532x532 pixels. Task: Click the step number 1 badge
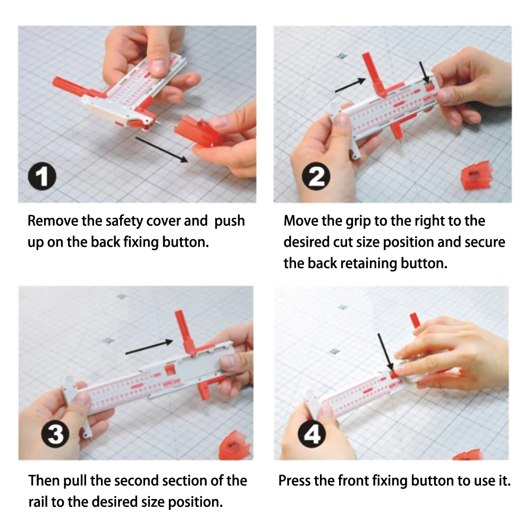point(42,176)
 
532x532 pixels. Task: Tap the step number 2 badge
point(316,176)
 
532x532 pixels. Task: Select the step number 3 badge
point(55,434)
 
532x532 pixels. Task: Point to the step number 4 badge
point(312,434)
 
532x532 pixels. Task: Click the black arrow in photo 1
point(162,150)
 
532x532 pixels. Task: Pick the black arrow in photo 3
point(149,347)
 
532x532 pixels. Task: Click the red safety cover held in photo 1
point(198,131)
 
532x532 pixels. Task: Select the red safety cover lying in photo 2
point(476,176)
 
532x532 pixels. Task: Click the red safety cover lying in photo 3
point(234,445)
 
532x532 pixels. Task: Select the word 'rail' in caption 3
point(38,502)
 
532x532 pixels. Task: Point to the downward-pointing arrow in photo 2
point(424,72)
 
